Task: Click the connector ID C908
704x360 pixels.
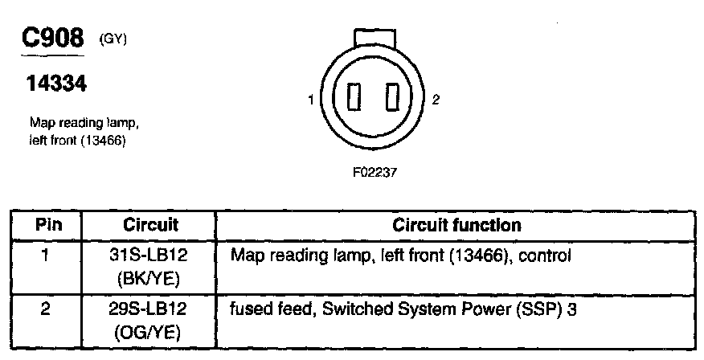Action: click(x=54, y=39)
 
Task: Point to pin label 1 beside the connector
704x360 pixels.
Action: click(x=309, y=100)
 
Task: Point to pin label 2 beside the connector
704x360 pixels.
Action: click(x=436, y=100)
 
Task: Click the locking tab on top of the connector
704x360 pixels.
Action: click(x=374, y=39)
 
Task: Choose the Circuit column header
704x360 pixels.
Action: click(x=151, y=225)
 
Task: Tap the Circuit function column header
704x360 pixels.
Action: click(x=456, y=225)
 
